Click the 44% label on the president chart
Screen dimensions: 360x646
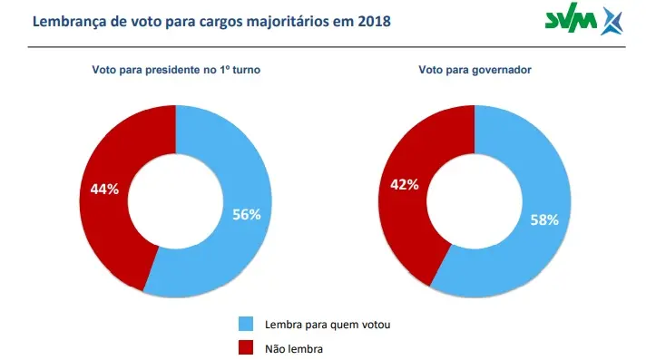point(104,190)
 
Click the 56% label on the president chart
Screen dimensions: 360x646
point(246,215)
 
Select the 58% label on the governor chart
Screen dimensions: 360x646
point(544,219)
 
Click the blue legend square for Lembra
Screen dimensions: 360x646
point(245,324)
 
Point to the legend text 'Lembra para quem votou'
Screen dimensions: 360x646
point(317,324)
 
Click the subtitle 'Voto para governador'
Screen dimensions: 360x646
point(474,70)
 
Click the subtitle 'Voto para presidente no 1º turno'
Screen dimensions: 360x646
point(176,70)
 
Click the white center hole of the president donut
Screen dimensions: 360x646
point(175,201)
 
